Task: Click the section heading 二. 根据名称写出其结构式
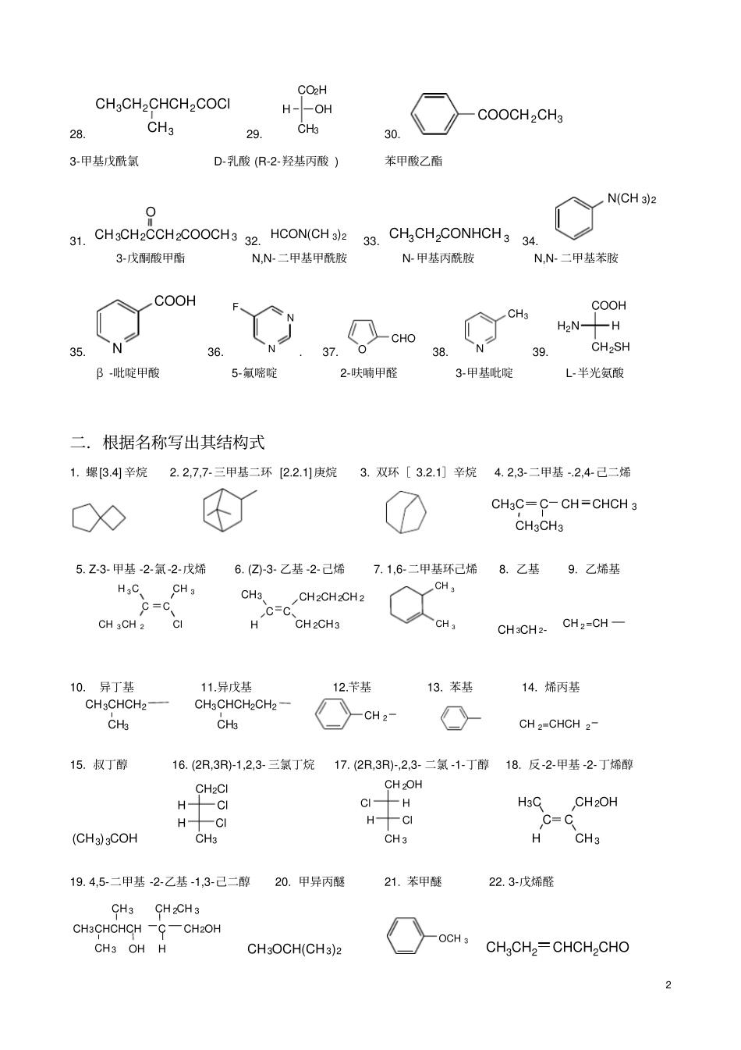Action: coord(167,442)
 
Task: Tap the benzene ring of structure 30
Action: coord(434,114)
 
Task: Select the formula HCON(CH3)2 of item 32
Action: coord(308,234)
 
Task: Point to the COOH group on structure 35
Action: coord(175,301)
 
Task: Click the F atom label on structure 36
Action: coord(236,307)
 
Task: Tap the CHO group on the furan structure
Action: coord(402,339)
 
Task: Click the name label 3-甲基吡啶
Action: coord(484,373)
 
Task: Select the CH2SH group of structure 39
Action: coord(610,347)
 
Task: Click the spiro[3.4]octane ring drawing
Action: coord(99,518)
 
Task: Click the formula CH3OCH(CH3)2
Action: coord(294,949)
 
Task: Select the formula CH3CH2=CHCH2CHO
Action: coord(558,948)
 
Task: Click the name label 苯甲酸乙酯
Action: coord(413,162)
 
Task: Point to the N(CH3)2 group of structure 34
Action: coord(631,199)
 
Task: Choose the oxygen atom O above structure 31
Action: coord(151,212)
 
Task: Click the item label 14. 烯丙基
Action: coord(551,688)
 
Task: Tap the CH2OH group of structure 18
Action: coord(596,802)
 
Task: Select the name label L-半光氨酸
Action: coord(595,373)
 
